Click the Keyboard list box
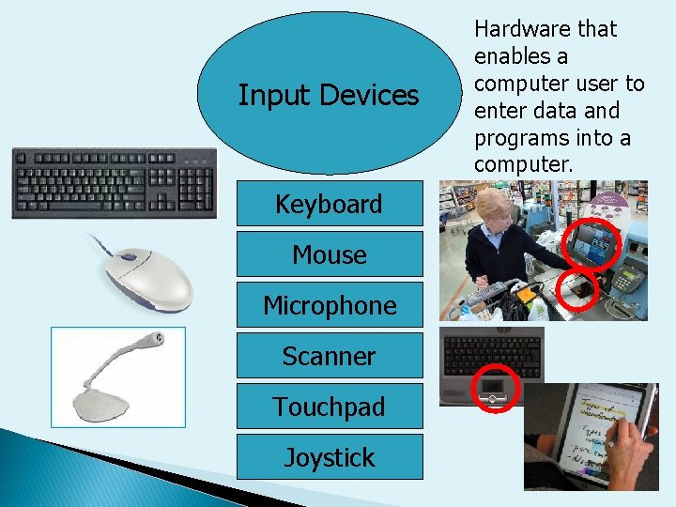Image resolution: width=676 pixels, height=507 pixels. point(330,204)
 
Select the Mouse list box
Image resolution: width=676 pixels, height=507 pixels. point(330,254)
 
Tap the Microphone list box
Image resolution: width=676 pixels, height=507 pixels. point(330,305)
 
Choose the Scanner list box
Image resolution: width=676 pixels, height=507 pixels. point(330,356)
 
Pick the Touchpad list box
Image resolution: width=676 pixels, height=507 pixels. point(330,407)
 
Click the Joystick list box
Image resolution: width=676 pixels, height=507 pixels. point(330,457)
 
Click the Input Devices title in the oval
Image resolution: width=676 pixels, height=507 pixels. point(329,95)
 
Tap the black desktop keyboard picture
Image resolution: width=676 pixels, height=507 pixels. point(114,183)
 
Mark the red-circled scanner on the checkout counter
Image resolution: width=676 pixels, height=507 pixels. point(580,290)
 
